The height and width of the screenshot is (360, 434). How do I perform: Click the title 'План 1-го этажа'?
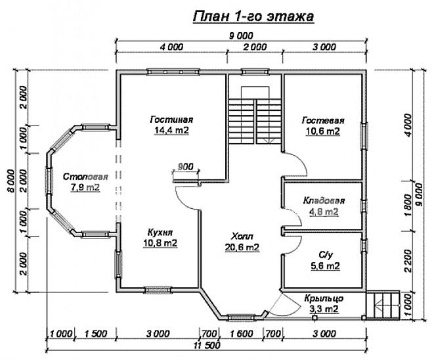[253, 16]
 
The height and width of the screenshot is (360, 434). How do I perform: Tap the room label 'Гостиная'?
[171, 120]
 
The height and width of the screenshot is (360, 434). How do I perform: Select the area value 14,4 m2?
[171, 130]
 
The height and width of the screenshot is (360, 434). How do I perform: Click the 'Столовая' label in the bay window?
[85, 177]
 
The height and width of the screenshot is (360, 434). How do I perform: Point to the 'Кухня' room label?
[160, 232]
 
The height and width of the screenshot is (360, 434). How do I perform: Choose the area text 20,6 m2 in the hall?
[242, 247]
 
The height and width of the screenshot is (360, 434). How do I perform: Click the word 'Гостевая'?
[323, 120]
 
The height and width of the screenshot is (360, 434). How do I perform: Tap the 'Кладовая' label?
[324, 200]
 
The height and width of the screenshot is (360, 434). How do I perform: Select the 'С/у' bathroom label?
[326, 255]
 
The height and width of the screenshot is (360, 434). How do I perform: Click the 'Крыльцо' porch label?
[324, 298]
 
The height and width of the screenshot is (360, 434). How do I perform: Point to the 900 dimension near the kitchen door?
[185, 167]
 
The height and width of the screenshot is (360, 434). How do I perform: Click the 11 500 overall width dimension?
[207, 346]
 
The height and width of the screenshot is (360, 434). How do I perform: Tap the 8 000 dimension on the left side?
[11, 181]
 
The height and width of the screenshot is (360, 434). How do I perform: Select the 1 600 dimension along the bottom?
[241, 334]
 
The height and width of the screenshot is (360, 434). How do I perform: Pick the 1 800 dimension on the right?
[408, 206]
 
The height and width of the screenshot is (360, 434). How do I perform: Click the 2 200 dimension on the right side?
[408, 261]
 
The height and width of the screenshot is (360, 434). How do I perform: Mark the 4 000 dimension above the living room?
[171, 47]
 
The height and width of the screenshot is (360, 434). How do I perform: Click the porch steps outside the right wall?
[383, 305]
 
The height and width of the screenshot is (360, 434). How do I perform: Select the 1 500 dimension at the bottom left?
[95, 334]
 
